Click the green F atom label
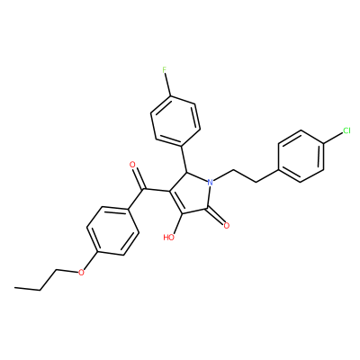(164, 70)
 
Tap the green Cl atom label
(346, 130)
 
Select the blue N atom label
(211, 182)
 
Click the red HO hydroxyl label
(169, 238)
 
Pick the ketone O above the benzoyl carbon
(132, 165)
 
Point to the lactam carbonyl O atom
(227, 226)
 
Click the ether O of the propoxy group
(80, 273)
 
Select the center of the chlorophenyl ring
(301, 156)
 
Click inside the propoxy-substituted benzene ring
(112, 231)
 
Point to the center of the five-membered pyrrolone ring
(191, 194)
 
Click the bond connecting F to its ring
(168, 85)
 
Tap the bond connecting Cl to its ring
(333, 139)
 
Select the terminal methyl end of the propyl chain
(15, 288)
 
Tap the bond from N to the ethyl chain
(223, 175)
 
